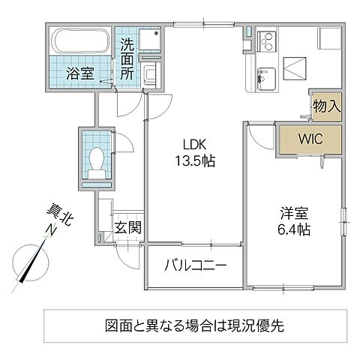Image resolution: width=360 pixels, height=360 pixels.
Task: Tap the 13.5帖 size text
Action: (193, 160)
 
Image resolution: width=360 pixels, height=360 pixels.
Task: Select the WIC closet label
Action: (310, 139)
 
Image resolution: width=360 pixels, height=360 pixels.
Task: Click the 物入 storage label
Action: (327, 106)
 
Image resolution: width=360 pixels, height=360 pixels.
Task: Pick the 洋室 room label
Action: (291, 211)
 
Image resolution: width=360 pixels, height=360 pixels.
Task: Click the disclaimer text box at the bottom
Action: (194, 327)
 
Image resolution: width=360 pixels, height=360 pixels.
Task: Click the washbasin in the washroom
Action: (151, 72)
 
